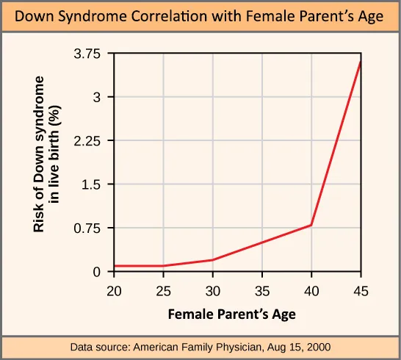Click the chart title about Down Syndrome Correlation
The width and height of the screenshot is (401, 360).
coord(201,16)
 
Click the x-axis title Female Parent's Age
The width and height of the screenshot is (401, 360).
coord(231,314)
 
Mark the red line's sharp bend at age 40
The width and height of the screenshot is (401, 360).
coord(311,225)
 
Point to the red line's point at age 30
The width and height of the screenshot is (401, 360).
coord(212,260)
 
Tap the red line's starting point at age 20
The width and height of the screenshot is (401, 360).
coord(115,266)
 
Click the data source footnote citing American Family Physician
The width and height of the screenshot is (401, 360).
coord(201,347)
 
